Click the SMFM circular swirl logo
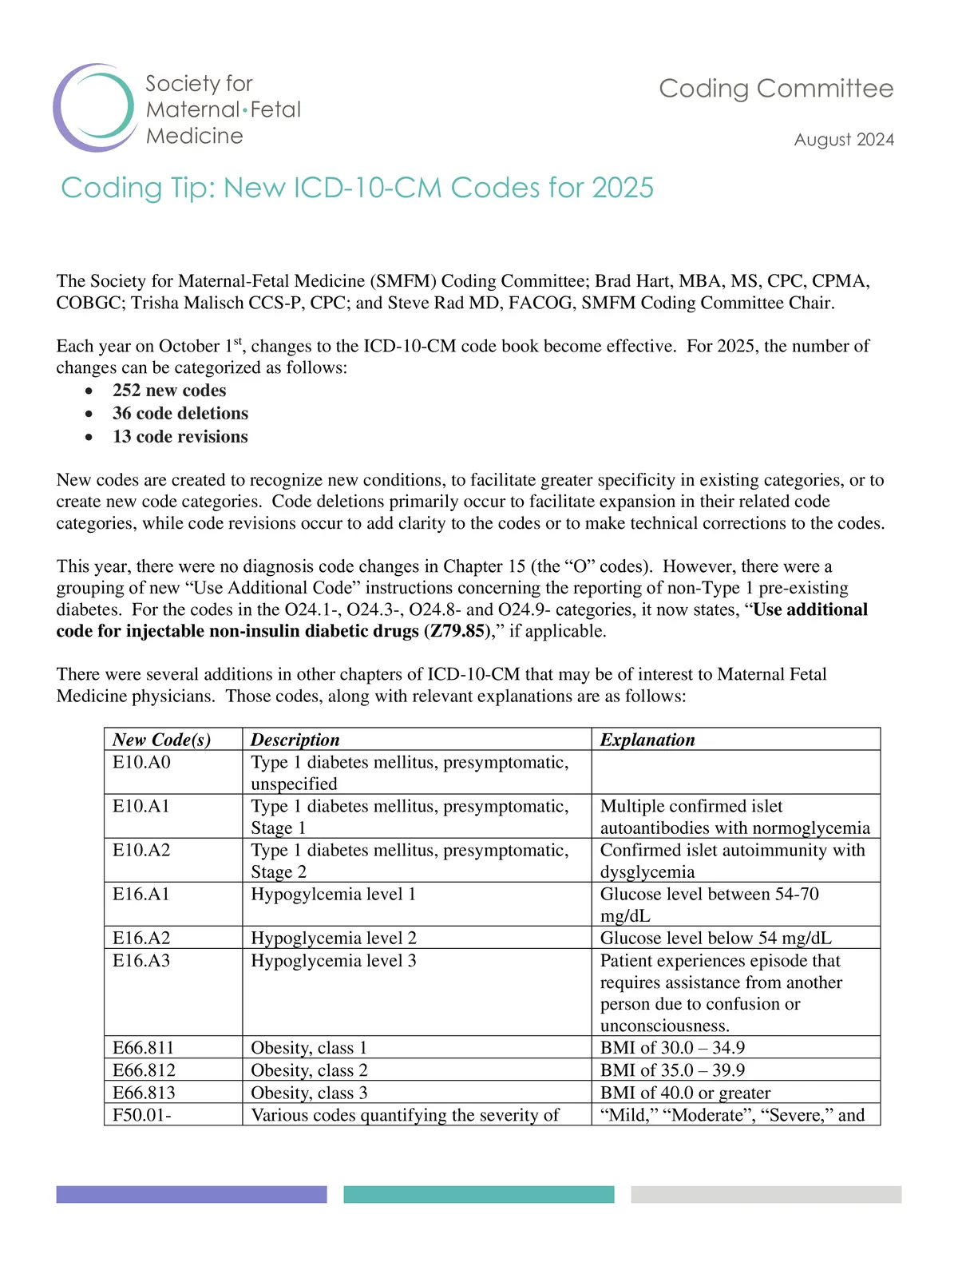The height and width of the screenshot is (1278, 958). [x=94, y=108]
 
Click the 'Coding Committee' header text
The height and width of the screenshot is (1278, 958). [x=776, y=89]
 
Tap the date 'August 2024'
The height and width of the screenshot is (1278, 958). [x=844, y=140]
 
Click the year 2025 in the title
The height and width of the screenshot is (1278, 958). [x=623, y=188]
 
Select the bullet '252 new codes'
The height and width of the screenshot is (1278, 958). [x=169, y=391]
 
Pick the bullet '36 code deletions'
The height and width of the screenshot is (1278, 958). [x=180, y=414]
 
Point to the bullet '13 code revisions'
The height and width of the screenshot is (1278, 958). [x=180, y=437]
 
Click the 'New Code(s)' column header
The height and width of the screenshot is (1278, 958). [x=162, y=740]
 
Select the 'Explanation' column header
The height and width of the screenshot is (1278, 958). [x=647, y=740]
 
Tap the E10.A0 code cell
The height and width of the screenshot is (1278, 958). [x=142, y=763]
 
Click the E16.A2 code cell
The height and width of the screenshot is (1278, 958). [x=142, y=939]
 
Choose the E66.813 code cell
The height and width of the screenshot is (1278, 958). [x=144, y=1093]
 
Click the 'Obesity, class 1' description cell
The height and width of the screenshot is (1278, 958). [x=309, y=1048]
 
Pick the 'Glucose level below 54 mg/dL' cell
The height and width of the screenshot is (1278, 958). [x=716, y=939]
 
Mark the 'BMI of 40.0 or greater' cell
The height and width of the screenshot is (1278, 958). [x=686, y=1093]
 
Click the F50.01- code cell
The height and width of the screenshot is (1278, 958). [x=142, y=1115]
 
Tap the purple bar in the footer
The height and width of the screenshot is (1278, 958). [x=192, y=1194]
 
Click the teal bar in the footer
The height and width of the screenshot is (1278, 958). [x=479, y=1194]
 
